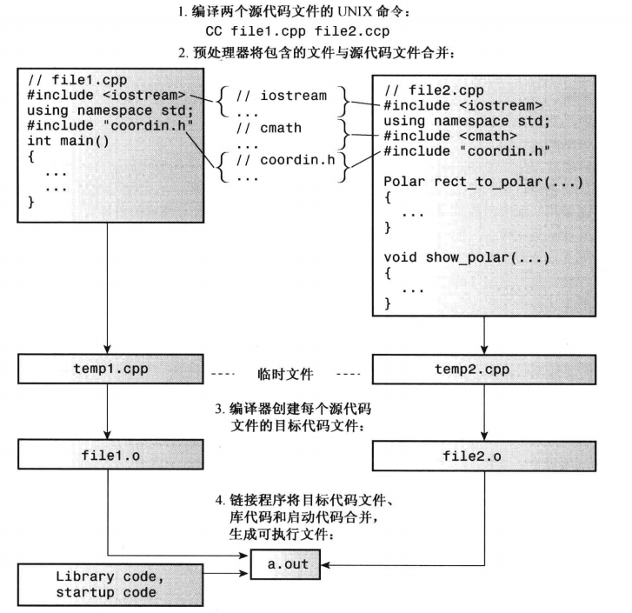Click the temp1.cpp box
tap(107, 368)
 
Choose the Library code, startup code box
tap(107, 584)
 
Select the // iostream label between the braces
tap(281, 96)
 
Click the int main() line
tap(69, 140)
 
